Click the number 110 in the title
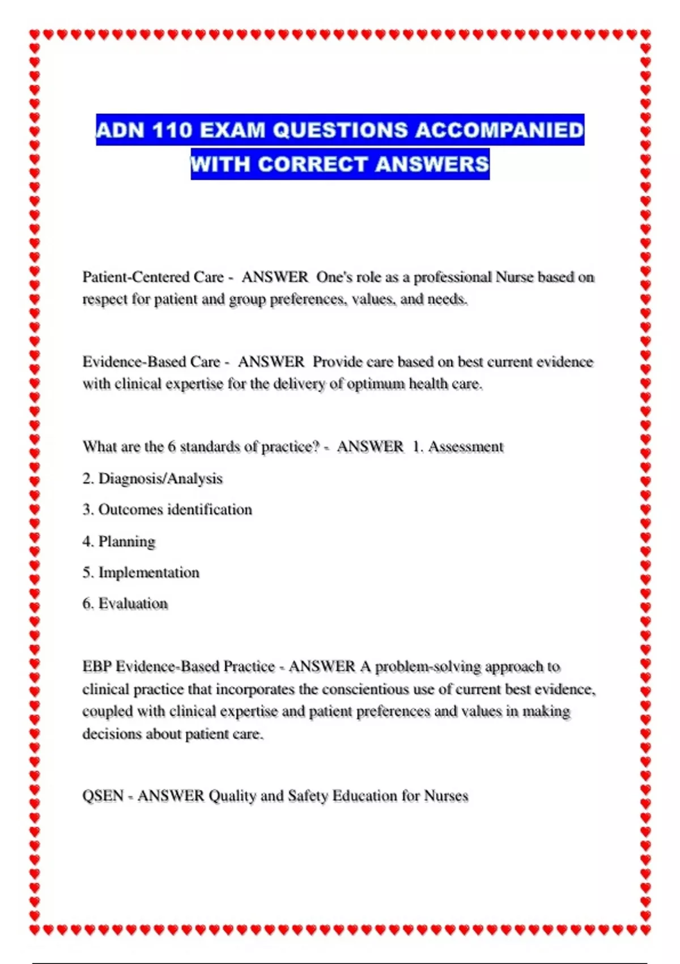tap(172, 130)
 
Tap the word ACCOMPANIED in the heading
tap(499, 130)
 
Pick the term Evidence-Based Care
tap(151, 362)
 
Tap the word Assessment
tap(466, 447)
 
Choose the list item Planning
tap(127, 542)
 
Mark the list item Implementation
tap(149, 573)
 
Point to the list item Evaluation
tap(133, 604)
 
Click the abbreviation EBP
tap(97, 667)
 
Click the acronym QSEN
tap(103, 796)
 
